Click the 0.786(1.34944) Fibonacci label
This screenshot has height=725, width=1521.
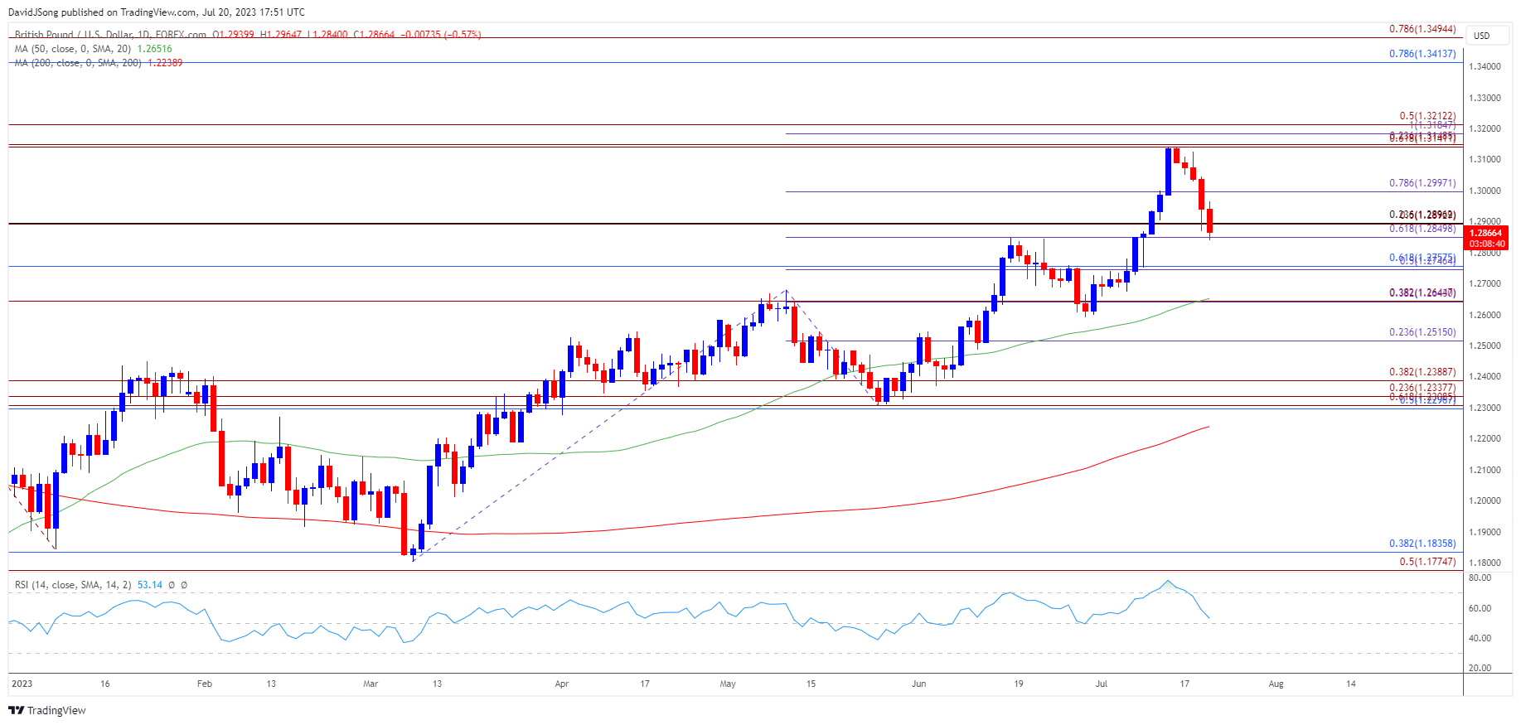[x=1422, y=29]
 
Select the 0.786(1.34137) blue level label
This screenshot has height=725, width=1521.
[x=1422, y=54]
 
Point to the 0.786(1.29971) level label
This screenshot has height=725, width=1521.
[x=1422, y=183]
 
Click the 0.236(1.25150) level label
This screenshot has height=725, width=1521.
[x=1422, y=332]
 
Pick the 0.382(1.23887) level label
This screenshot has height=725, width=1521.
[x=1422, y=373]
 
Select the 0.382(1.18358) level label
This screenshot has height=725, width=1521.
[x=1422, y=544]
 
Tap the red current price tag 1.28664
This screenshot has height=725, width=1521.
[x=1486, y=234]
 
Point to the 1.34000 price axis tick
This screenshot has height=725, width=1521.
[x=1485, y=67]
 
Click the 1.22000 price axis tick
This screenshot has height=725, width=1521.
[x=1485, y=439]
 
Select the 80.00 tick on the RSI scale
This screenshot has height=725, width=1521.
[x=1480, y=578]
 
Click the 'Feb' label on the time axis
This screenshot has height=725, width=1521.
[x=205, y=684]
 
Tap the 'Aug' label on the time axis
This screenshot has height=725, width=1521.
[x=1276, y=684]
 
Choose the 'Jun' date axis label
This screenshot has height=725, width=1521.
[x=918, y=684]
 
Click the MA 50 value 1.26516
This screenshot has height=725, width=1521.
[x=154, y=49]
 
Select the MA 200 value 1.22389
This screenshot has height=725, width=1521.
[x=165, y=63]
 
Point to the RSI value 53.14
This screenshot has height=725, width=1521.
[x=149, y=585]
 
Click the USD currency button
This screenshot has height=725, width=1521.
[x=1481, y=36]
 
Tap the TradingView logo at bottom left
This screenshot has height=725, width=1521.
[x=47, y=710]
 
